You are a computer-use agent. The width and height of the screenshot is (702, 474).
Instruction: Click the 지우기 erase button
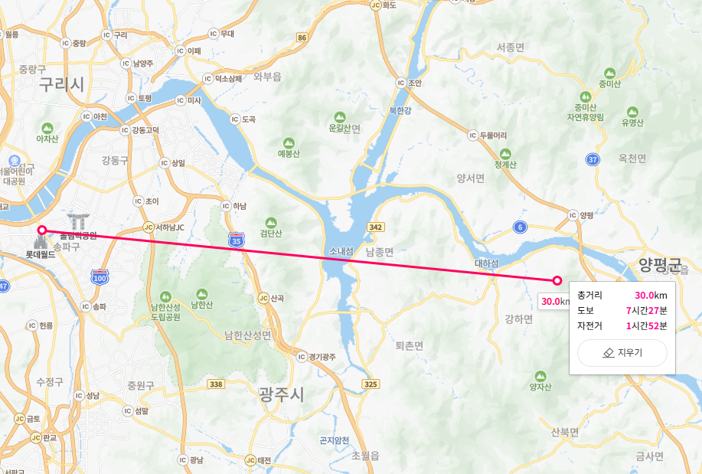pos(622,353)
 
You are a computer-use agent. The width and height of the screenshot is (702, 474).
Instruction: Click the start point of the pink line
pos(42,230)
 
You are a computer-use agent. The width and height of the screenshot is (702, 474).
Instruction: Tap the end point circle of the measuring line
pos(557,280)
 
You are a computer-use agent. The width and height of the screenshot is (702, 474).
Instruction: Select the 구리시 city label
pos(62,85)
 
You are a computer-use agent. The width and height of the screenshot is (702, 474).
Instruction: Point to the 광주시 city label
pos(281,395)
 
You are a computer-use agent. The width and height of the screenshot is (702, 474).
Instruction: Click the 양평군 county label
pos(659,265)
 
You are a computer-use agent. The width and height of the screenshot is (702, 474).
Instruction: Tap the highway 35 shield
pos(237,240)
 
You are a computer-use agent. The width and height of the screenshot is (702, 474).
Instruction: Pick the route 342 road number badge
pos(375,227)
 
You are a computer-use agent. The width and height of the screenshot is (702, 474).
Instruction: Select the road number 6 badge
pos(520,227)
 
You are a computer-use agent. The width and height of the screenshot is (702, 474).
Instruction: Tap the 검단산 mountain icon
pos(271,222)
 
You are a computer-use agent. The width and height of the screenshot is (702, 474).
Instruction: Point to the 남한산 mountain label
pos(201,304)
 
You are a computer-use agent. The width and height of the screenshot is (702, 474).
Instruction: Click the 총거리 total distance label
pos(589,295)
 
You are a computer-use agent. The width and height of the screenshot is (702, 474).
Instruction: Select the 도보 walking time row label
pos(585,310)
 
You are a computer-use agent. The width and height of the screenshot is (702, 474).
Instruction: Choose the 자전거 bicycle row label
pos(589,325)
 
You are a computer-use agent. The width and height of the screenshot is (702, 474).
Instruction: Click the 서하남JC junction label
pos(171,227)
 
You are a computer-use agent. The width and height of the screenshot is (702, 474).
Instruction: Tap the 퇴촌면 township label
pos(409,345)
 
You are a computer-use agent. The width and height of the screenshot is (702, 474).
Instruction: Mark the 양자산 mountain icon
pos(540,375)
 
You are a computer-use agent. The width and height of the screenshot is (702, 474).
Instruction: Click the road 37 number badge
pos(593,159)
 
